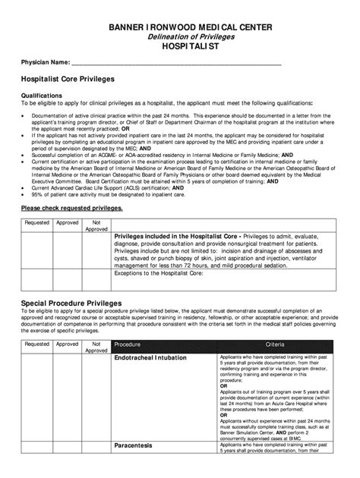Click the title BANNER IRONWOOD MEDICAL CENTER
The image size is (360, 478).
(180, 28)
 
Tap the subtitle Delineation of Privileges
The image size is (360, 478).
(180, 37)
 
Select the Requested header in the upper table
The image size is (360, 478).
(37, 223)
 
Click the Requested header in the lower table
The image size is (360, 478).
(37, 343)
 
